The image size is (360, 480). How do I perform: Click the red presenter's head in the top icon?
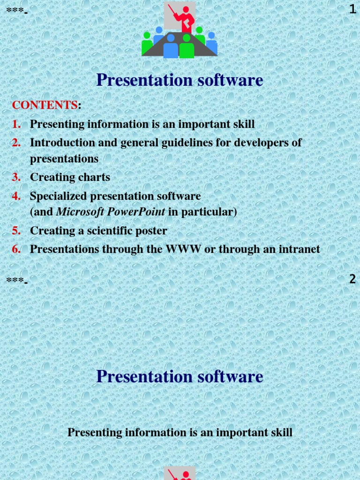tap(186, 9)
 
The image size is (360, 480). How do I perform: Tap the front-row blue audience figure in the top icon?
tap(171, 47)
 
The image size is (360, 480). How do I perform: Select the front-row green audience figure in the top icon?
tap(187, 47)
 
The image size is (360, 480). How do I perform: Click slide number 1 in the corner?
tap(352, 9)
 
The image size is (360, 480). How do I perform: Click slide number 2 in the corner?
tap(352, 279)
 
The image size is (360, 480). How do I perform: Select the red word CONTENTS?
tap(45, 105)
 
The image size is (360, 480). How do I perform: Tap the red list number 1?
tap(16, 124)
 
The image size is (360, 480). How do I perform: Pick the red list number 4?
tap(16, 196)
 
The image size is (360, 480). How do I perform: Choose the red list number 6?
tap(16, 249)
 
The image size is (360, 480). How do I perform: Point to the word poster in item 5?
tap(151, 231)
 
